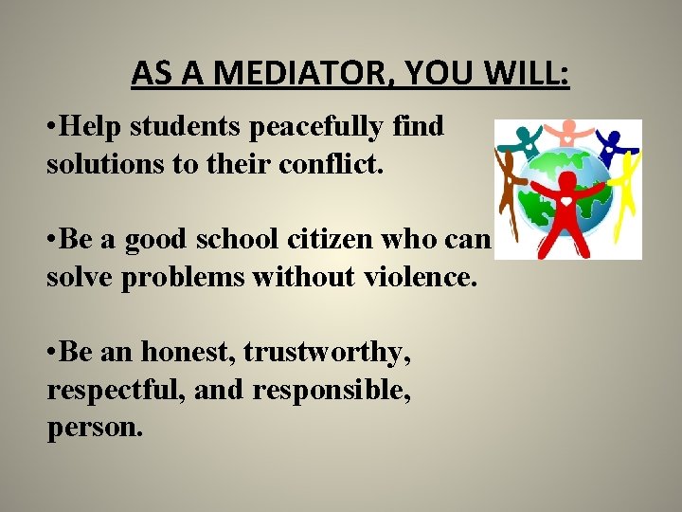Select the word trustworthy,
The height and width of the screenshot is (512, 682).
(327, 352)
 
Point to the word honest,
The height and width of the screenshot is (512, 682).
(188, 352)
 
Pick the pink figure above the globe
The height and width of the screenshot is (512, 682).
(568, 133)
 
